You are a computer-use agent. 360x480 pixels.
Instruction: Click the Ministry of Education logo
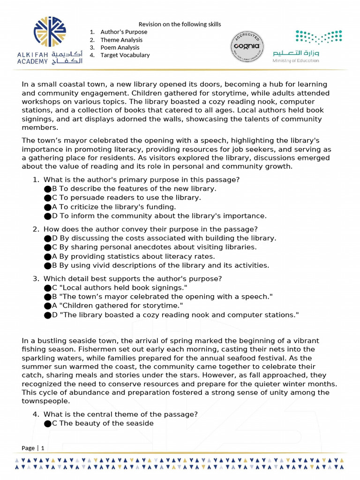pyautogui.click(x=307, y=46)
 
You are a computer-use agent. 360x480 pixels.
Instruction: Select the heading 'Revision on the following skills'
pyautogui.click(x=180, y=24)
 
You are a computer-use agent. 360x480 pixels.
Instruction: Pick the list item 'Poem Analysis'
pyautogui.click(x=120, y=47)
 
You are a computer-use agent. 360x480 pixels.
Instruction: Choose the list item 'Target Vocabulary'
pyautogui.click(x=125, y=55)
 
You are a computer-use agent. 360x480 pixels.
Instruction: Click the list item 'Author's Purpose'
pyautogui.click(x=124, y=32)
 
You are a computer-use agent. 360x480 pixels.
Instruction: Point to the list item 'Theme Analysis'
pyautogui.click(x=121, y=40)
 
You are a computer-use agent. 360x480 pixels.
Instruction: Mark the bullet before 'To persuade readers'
pyautogui.click(x=47, y=198)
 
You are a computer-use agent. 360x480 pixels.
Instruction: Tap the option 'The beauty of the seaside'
pyautogui.click(x=103, y=423)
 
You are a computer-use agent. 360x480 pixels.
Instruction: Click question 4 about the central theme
pyautogui.click(x=120, y=414)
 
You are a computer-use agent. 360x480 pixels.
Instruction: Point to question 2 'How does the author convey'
pyautogui.click(x=150, y=229)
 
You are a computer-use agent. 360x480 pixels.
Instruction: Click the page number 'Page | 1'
pyautogui.click(x=33, y=448)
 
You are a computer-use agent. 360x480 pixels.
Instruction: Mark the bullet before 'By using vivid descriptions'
pyautogui.click(x=47, y=266)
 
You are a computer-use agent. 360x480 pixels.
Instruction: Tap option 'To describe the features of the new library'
pyautogui.click(x=134, y=188)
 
